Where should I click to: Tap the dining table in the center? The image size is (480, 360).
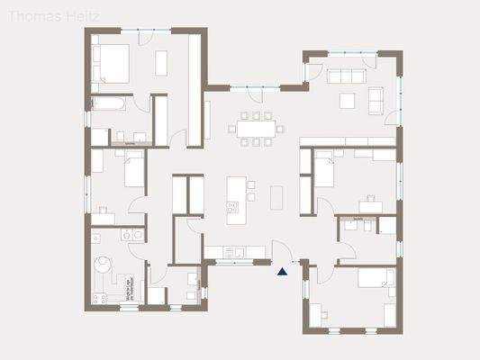pyautogui.click(x=256, y=128)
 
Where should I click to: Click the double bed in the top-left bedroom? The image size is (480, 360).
pyautogui.click(x=113, y=61)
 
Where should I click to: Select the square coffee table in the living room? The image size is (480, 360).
pyautogui.click(x=347, y=97)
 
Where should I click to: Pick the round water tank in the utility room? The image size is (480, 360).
pyautogui.click(x=103, y=265)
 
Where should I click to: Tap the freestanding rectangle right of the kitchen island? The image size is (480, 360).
pyautogui.click(x=276, y=194)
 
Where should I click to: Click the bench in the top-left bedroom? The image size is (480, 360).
pyautogui.click(x=162, y=62)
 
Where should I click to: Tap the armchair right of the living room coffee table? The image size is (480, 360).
pyautogui.click(x=376, y=94)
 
